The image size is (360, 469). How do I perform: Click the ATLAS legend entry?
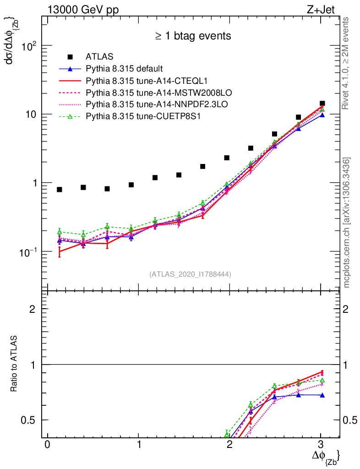click(x=99, y=57)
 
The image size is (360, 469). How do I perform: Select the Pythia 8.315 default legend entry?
click(x=124, y=69)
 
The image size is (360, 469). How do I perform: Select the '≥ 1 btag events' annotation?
click(x=192, y=36)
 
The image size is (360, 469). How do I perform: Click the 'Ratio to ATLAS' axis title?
click(x=14, y=365)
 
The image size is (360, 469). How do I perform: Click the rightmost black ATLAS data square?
click(x=322, y=104)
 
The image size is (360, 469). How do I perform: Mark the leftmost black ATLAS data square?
click(x=60, y=189)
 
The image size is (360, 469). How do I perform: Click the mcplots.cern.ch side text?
click(x=347, y=223)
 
